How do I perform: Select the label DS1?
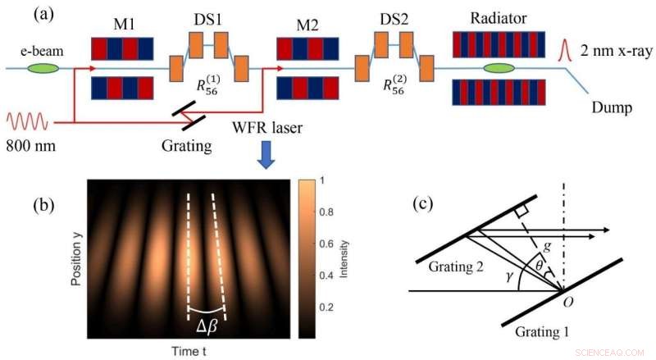tap(207, 18)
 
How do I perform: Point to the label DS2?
tap(395, 18)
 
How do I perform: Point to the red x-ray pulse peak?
tap(564, 40)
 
